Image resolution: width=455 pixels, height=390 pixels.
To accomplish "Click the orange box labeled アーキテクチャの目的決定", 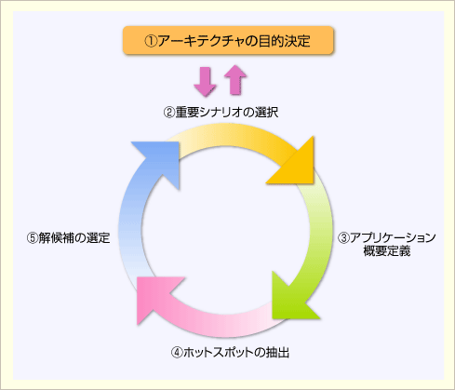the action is pyautogui.click(x=228, y=40).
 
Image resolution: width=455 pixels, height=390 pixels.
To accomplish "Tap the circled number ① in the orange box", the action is pyautogui.click(x=151, y=41).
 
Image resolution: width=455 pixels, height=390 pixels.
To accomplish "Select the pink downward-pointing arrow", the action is pyautogui.click(x=205, y=82).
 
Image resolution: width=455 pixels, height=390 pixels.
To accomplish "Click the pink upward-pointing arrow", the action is pyautogui.click(x=235, y=80).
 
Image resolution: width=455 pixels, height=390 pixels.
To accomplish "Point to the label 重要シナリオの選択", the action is pyautogui.click(x=227, y=112).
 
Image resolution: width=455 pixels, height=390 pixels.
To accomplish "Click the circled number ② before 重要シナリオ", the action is pyautogui.click(x=169, y=113).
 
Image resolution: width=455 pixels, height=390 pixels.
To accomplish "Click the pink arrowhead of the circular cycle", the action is pyautogui.click(x=157, y=298).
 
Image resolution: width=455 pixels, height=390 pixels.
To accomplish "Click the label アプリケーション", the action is pyautogui.click(x=393, y=237).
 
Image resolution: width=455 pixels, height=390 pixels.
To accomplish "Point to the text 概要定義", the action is pyautogui.click(x=387, y=250).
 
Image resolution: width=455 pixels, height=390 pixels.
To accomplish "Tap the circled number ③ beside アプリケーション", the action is pyautogui.click(x=343, y=238).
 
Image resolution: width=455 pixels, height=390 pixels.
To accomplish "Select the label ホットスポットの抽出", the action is pyautogui.click(x=236, y=353).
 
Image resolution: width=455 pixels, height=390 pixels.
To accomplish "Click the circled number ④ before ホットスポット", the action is pyautogui.click(x=177, y=353).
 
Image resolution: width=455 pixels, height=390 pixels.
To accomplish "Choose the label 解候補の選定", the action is pyautogui.click(x=74, y=237).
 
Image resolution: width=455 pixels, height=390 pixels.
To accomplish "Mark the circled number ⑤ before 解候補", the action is pyautogui.click(x=33, y=238).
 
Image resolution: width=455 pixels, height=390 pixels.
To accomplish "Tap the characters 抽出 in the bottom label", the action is pyautogui.click(x=277, y=353).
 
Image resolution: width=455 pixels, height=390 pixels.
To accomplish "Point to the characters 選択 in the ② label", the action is pyautogui.click(x=266, y=112).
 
